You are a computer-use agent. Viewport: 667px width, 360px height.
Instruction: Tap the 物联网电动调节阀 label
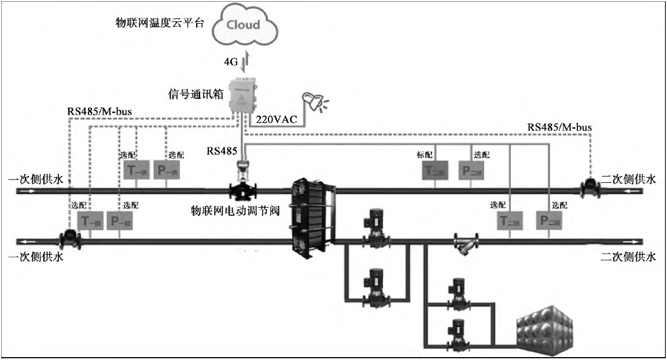(x=235, y=211)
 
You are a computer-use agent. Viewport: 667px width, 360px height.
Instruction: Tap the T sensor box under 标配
(x=436, y=171)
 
